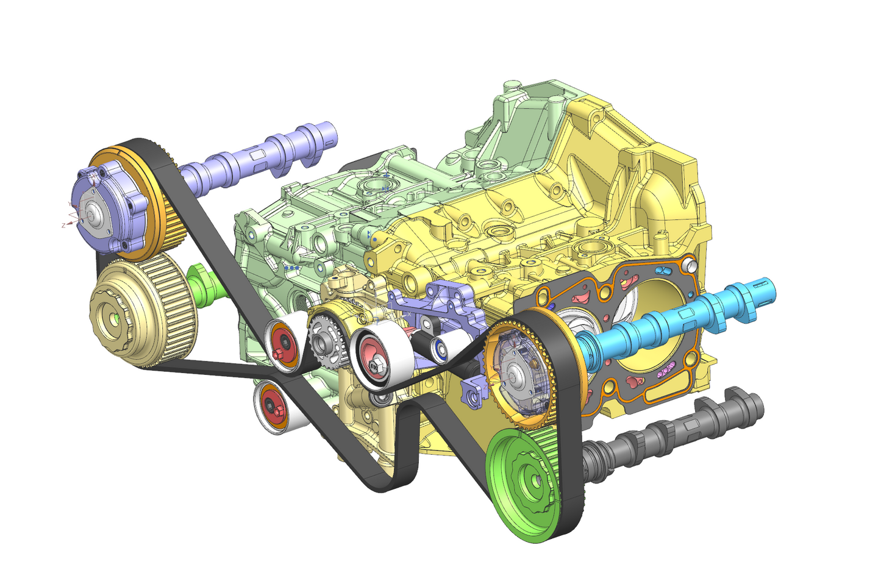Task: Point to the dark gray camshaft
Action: (x=671, y=436)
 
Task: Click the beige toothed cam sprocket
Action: (x=140, y=311)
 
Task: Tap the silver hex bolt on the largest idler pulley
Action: (x=376, y=365)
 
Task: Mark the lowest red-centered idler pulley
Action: (x=274, y=406)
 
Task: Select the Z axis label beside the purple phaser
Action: (x=63, y=225)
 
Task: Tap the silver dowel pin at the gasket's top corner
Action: (x=690, y=265)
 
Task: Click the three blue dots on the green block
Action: (x=291, y=267)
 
